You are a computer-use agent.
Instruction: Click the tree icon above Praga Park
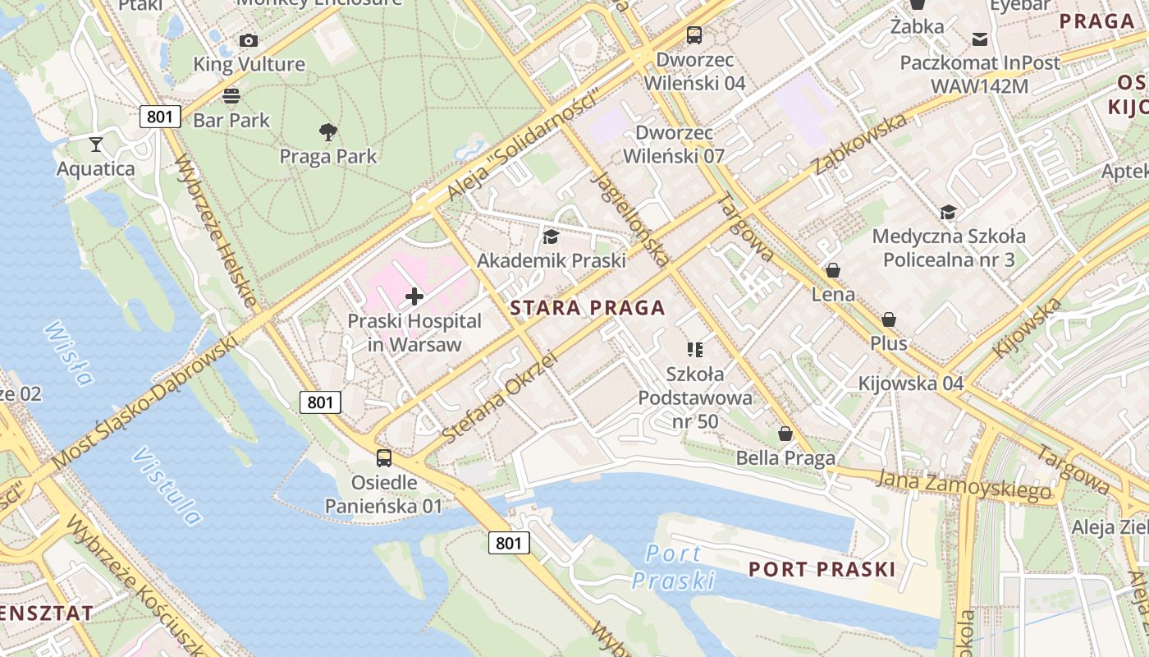click(328, 131)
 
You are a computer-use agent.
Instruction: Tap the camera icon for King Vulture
click(248, 40)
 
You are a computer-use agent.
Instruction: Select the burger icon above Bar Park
click(231, 95)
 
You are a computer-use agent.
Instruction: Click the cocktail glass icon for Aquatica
click(96, 145)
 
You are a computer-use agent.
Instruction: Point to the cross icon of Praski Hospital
click(414, 296)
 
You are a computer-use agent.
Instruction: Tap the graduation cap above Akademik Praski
click(551, 237)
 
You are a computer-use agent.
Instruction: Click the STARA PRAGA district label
click(587, 309)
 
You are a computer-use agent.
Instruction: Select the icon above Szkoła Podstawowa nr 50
click(695, 351)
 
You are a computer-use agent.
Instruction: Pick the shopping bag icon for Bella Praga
click(785, 434)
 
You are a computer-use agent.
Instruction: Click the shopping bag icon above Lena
click(833, 270)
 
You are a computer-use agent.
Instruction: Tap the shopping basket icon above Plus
click(889, 319)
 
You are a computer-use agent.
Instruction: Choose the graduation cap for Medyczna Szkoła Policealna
click(948, 213)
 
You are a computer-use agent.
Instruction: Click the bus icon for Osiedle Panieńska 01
click(383, 458)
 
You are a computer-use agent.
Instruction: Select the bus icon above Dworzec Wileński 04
click(694, 35)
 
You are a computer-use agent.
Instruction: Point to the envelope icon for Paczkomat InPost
click(980, 39)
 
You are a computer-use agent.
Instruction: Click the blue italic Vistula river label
click(167, 485)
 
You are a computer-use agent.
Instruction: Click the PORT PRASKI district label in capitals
click(821, 569)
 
